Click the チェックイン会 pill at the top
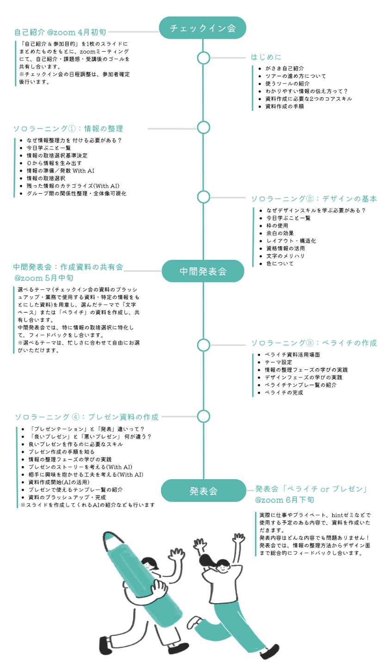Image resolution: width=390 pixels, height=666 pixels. tap(203, 28)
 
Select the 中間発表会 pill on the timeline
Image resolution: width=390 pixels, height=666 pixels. tap(203, 271)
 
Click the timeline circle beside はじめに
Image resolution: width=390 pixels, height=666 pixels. tap(204, 58)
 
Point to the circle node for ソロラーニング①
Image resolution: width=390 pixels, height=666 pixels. tap(204, 128)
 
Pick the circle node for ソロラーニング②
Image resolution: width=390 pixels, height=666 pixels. tap(204, 197)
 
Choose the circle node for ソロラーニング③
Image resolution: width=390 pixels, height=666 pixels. tap(204, 345)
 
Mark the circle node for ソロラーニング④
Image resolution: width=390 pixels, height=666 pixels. tap(204, 416)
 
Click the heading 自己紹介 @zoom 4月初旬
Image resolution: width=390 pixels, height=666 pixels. tap(60, 32)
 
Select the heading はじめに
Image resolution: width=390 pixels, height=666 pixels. tap(266, 57)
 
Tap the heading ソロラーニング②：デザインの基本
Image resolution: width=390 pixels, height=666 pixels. tap(314, 199)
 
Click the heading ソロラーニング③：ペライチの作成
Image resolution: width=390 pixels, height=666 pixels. tap(314, 343)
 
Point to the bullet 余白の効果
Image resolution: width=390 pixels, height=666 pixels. tap(279, 234)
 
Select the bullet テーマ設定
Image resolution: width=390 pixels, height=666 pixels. tap(278, 363)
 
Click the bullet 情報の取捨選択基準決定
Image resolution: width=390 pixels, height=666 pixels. tap(56, 156)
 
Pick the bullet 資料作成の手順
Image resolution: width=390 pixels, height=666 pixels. tap(284, 106)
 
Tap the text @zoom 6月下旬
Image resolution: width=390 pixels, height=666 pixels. tap(284, 500)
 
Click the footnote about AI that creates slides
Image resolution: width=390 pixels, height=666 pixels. tap(88, 505)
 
